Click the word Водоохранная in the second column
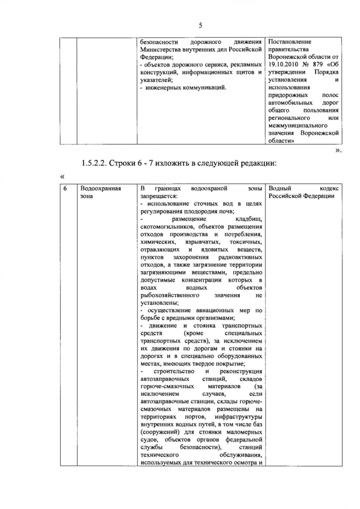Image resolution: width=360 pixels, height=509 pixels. [102, 188]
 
